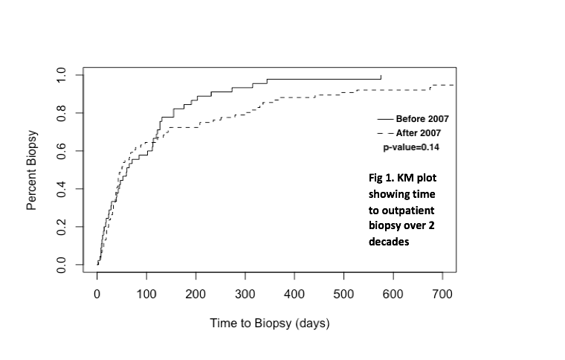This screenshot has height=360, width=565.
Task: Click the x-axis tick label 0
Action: (x=97, y=295)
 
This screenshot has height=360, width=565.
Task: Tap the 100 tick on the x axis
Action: (x=146, y=295)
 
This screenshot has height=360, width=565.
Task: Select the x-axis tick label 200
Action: (x=196, y=295)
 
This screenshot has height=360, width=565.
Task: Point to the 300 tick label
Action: (x=245, y=295)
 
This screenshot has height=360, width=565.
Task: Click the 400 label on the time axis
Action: (x=294, y=295)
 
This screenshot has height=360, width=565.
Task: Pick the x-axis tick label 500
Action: (x=343, y=295)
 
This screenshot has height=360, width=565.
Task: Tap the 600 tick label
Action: (x=393, y=295)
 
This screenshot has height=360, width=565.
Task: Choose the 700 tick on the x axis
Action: (x=442, y=295)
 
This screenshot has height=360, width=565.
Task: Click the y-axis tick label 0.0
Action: (x=62, y=264)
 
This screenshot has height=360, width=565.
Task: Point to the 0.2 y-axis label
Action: (x=62, y=226)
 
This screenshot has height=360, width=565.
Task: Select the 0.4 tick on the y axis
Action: (x=62, y=188)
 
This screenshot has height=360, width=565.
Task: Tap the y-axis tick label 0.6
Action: (x=62, y=150)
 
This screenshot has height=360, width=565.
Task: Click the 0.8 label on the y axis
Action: (x=62, y=112)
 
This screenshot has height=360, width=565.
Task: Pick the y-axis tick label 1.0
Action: (x=62, y=74)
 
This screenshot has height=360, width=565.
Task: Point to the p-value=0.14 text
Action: (x=411, y=147)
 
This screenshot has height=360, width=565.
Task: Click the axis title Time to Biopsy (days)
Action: (x=269, y=324)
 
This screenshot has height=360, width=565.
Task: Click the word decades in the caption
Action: (x=389, y=242)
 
